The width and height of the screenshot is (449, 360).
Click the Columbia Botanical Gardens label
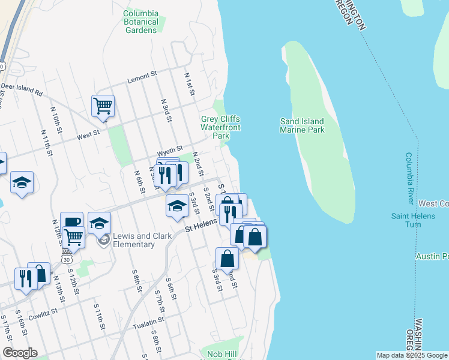[x=140, y=22]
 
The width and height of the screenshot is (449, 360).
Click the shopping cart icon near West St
[x=103, y=106]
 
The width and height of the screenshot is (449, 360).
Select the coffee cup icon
[x=72, y=222]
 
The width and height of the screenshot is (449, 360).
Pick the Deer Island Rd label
[x=22, y=89]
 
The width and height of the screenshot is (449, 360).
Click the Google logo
[x=20, y=353]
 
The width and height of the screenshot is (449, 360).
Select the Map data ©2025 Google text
[x=411, y=355]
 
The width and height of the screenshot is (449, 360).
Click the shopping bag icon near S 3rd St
[x=228, y=259]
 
